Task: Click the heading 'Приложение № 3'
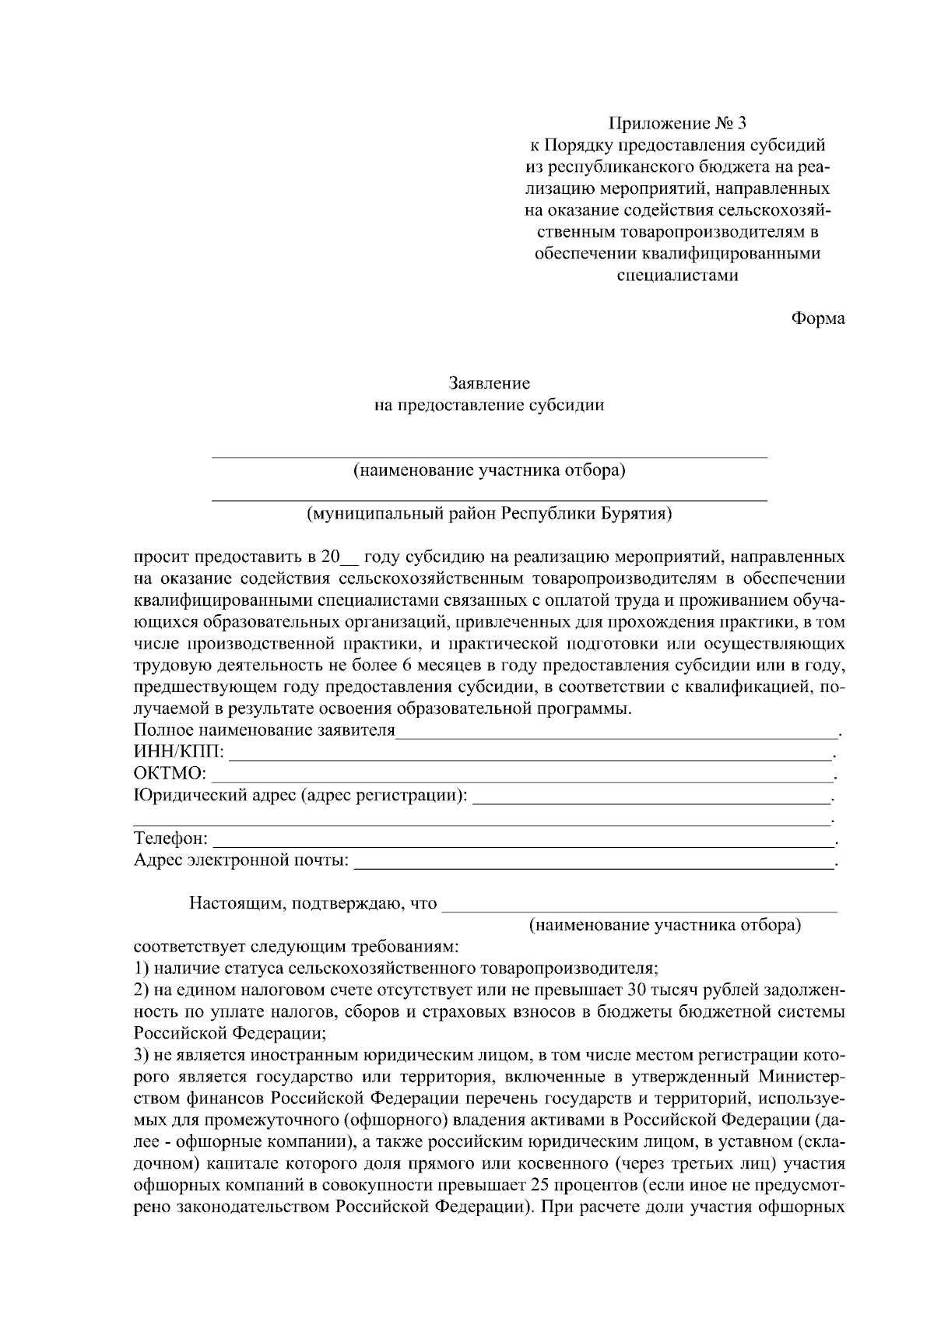coord(676,123)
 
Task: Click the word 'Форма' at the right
coord(817,318)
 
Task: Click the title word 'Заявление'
coord(490,383)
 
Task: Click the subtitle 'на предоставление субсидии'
coord(490,405)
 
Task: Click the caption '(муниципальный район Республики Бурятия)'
coord(490,514)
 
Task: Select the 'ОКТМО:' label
coord(170,774)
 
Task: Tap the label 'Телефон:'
coord(170,839)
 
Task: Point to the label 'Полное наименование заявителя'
coord(265,731)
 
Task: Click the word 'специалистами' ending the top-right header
coord(676,275)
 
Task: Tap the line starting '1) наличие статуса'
coord(396,969)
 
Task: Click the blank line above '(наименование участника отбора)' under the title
coord(490,455)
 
